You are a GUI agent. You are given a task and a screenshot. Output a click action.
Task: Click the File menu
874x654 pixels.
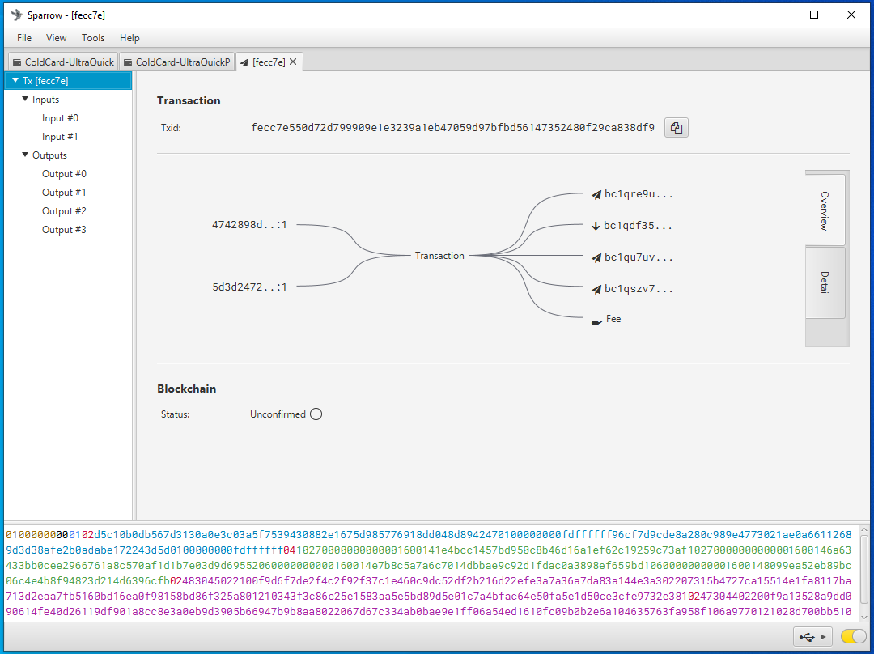click(x=24, y=38)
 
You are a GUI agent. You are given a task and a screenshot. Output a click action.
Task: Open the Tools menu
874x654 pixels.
click(x=93, y=38)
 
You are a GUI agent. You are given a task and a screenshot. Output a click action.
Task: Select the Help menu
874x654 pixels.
click(x=129, y=38)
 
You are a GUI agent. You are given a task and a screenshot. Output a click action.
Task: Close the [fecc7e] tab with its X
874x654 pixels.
click(x=293, y=62)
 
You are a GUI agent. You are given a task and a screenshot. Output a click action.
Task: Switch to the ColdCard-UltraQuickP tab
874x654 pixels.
click(x=176, y=62)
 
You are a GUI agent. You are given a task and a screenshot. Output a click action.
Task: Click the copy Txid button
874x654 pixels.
click(x=676, y=128)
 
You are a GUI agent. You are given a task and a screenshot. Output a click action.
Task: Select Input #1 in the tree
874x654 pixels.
click(x=60, y=137)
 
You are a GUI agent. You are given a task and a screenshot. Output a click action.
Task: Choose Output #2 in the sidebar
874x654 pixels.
click(x=64, y=211)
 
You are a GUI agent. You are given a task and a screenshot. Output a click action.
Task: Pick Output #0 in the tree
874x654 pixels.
click(x=64, y=174)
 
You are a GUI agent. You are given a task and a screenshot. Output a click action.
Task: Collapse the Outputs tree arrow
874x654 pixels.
click(x=25, y=155)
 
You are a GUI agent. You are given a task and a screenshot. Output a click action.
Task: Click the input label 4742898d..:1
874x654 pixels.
click(x=249, y=225)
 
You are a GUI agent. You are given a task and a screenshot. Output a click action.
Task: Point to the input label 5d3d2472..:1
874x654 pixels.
click(x=249, y=287)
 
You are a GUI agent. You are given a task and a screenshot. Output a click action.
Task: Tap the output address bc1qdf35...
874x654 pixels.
click(x=638, y=226)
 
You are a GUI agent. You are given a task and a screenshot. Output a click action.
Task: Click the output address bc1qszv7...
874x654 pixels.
click(x=639, y=289)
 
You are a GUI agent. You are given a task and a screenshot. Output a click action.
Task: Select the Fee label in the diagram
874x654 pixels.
click(x=613, y=319)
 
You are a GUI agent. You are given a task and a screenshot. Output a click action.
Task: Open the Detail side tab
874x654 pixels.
click(x=825, y=283)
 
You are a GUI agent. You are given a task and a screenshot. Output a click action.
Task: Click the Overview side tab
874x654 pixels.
click(x=825, y=210)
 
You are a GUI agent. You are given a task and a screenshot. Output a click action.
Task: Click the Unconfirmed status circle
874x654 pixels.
click(x=316, y=414)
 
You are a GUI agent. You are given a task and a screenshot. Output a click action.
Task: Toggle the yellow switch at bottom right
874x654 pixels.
click(x=853, y=636)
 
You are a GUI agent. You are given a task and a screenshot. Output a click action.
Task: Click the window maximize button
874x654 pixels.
click(x=814, y=15)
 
